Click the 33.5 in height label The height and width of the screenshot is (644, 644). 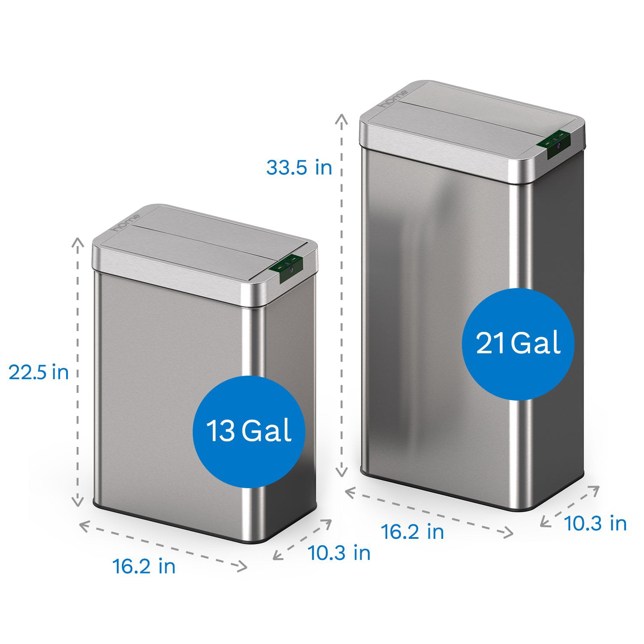tap(299, 167)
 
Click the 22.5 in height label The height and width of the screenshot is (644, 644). tap(39, 372)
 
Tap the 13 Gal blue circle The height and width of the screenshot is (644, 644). tap(249, 431)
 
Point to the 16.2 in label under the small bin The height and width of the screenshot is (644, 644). tap(144, 566)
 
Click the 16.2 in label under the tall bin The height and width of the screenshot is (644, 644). tap(413, 532)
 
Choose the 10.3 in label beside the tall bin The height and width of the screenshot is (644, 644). tap(595, 523)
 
